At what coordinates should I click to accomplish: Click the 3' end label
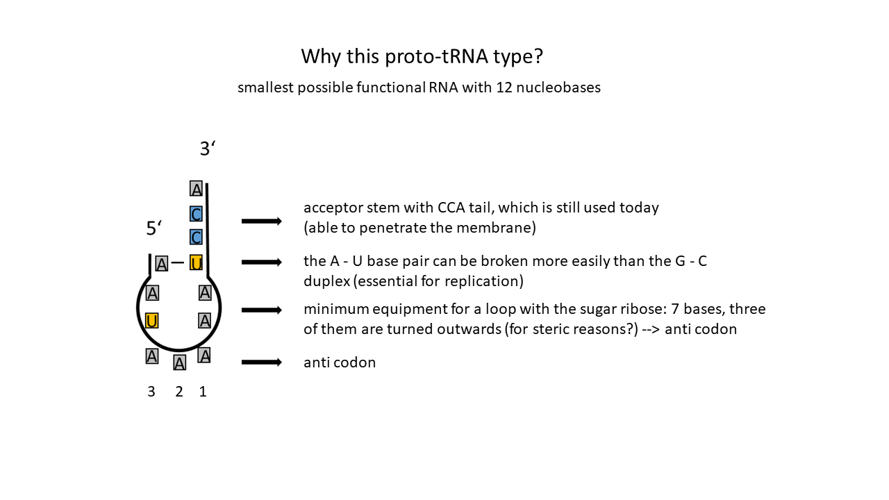tap(208, 149)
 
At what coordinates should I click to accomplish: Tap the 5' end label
tap(154, 228)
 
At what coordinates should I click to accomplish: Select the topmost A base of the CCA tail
tap(196, 188)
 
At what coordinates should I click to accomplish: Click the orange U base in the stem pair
tap(196, 262)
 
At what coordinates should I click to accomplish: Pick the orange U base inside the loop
tap(151, 321)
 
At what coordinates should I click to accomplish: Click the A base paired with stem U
tap(162, 264)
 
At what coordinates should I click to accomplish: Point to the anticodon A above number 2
tap(179, 362)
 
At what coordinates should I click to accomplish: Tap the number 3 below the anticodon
tap(151, 392)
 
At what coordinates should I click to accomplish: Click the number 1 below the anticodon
tap(203, 392)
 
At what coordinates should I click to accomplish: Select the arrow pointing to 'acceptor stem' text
tap(262, 221)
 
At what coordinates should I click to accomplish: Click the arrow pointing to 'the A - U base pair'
tap(262, 262)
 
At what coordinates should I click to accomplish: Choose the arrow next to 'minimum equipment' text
tap(262, 310)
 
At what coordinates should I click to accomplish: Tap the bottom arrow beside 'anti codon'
tap(262, 362)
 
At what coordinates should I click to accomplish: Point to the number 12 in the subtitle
tap(504, 87)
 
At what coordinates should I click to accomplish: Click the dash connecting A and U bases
tap(178, 262)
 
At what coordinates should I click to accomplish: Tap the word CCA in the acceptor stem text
tap(451, 208)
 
